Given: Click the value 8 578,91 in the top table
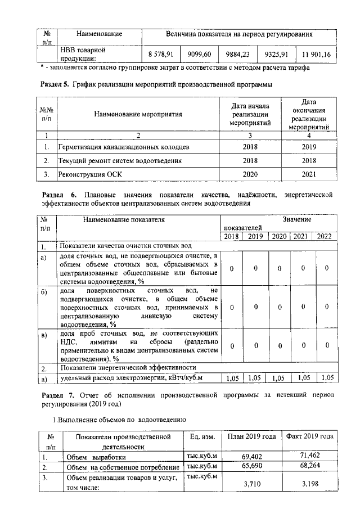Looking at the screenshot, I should (160, 54).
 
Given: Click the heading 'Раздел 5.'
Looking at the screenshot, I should (56, 85).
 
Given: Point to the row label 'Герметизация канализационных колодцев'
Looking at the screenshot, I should (123, 147).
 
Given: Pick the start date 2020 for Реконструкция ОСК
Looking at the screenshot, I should (250, 175).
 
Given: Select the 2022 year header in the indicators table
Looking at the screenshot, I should (324, 237).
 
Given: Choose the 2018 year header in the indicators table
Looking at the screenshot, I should (231, 237).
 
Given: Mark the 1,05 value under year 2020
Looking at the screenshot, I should (279, 379).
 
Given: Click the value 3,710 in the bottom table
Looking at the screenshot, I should (253, 483).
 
